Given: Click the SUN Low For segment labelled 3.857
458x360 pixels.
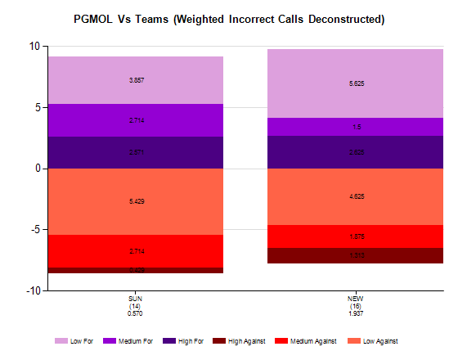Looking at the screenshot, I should click(x=136, y=80).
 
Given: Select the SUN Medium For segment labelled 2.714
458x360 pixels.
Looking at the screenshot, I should click(x=136, y=120).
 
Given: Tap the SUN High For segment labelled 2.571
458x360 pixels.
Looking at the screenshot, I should click(x=136, y=152).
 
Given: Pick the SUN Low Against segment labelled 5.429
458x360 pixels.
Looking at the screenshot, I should click(x=136, y=201).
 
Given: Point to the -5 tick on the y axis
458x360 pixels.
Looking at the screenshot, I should click(x=33, y=230).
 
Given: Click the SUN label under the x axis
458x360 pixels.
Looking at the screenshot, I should click(x=136, y=299).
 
